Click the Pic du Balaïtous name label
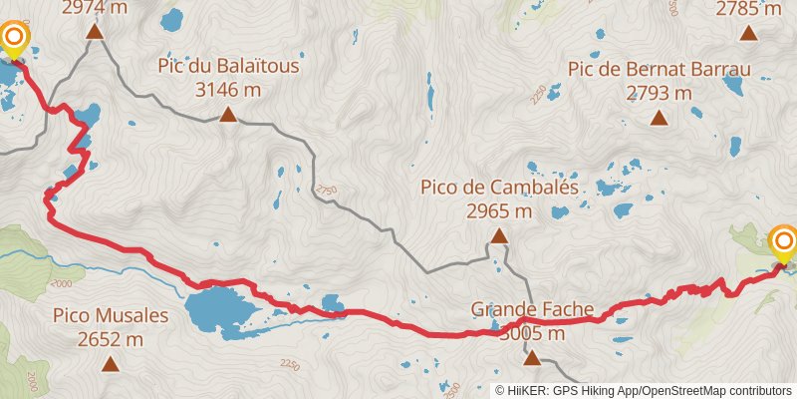(228, 67)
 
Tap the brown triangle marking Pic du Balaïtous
(228, 115)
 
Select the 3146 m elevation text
(228, 90)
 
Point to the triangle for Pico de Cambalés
(499, 236)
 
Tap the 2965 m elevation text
(499, 210)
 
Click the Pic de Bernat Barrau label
(659, 70)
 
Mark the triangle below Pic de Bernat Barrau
(659, 119)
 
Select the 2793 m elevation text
(659, 93)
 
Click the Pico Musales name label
(110, 316)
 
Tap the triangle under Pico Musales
(110, 364)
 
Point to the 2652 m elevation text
(110, 339)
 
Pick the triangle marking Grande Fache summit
(532, 357)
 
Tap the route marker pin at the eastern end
(784, 243)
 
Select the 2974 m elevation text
(95, 8)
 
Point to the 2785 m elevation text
(749, 9)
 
